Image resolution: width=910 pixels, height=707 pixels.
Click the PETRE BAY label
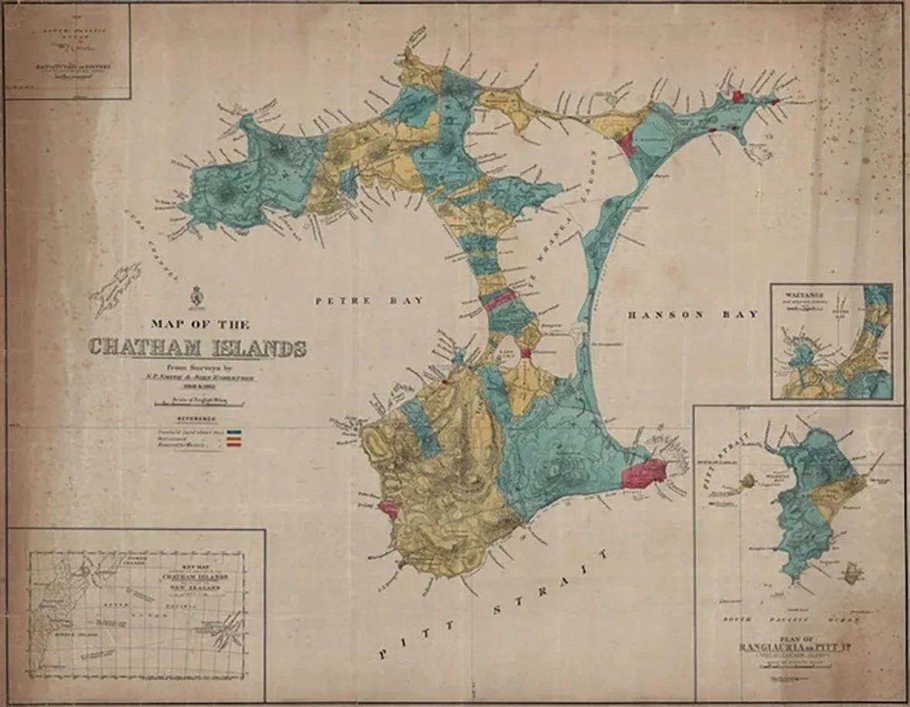(x=370, y=301)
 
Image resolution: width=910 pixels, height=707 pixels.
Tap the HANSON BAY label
(x=692, y=314)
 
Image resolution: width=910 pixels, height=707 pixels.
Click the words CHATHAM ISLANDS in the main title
(x=197, y=348)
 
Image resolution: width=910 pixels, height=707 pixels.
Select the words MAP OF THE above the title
(x=200, y=324)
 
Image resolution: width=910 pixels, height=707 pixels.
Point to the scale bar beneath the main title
(x=199, y=403)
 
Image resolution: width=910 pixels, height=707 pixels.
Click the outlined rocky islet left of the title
(x=116, y=290)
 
